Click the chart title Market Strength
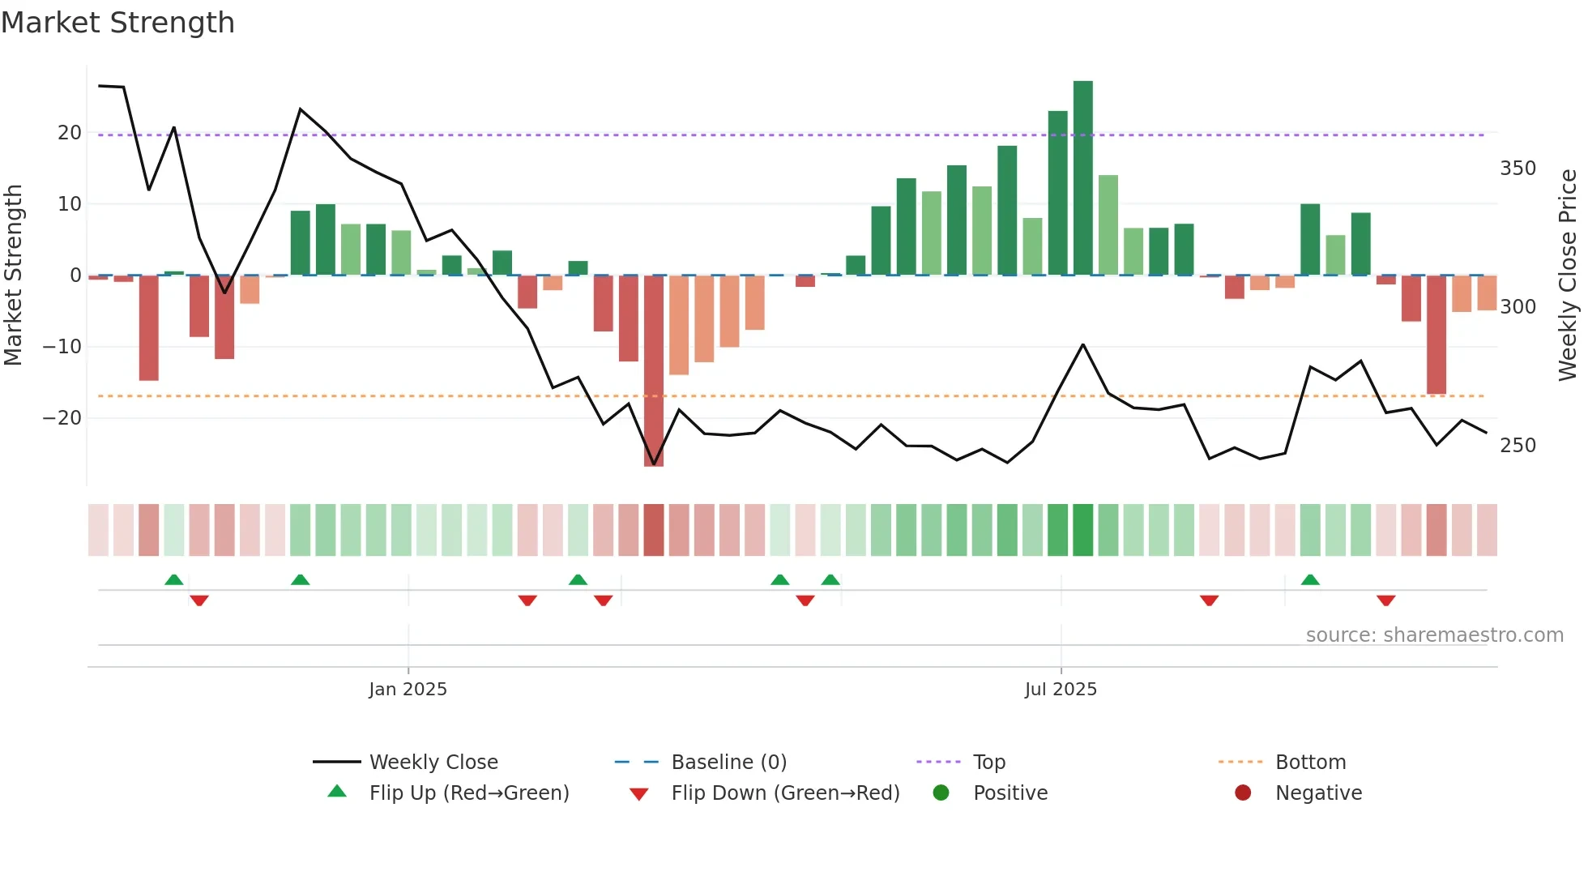click(x=117, y=23)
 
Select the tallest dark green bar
click(x=1082, y=178)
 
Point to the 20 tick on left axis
click(x=70, y=133)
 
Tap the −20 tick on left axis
click(x=62, y=418)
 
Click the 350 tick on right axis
click(x=1518, y=169)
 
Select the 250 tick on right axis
click(x=1518, y=446)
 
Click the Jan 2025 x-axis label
click(x=408, y=690)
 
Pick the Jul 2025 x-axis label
click(x=1061, y=690)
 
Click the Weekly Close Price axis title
click(x=1568, y=276)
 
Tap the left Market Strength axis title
click(x=13, y=276)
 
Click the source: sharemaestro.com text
click(x=1434, y=635)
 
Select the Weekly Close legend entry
click(x=433, y=763)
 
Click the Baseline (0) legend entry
click(x=728, y=763)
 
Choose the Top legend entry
click(x=988, y=763)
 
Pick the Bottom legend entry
click(x=1310, y=763)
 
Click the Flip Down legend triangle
click(x=638, y=794)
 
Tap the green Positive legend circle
click(x=941, y=793)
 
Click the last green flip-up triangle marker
click(x=1310, y=579)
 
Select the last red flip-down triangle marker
click(x=1385, y=600)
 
